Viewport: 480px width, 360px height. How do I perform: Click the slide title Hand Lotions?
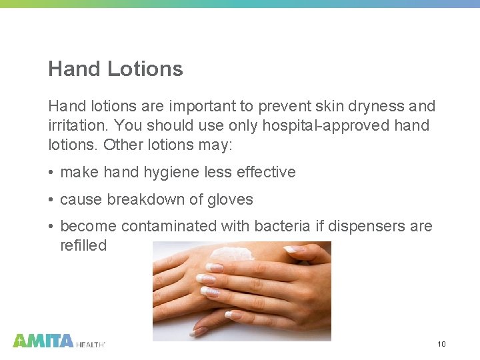coord(115,69)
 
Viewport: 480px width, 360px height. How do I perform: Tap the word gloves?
coord(231,199)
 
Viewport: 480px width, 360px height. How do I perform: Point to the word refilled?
coord(83,245)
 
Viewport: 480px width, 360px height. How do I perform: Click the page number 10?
coord(441,344)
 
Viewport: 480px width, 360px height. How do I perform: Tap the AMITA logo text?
coord(43,341)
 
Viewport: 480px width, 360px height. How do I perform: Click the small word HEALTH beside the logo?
coord(90,344)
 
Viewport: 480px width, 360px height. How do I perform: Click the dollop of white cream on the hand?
coord(231,253)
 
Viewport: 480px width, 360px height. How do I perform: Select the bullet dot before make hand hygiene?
coord(51,173)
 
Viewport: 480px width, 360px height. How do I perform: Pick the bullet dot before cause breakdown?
coord(51,200)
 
